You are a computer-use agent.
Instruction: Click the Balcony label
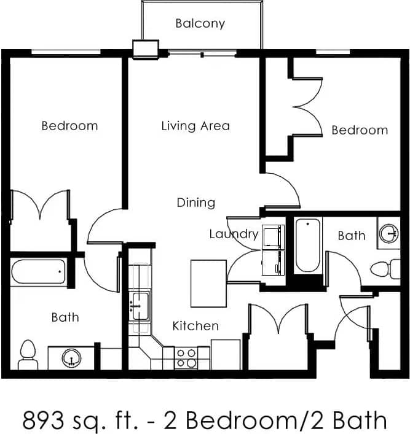pos(200,24)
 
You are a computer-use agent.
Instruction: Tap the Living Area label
pos(195,126)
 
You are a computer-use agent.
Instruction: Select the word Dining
pos(196,202)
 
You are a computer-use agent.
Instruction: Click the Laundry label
pos(234,234)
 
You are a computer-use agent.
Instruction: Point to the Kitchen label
pos(195,325)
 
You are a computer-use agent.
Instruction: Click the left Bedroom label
pos(69,126)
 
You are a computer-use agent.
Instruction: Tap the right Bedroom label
pos(360,130)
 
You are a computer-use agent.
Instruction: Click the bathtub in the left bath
pos(38,271)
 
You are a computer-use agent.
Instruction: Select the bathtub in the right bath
pos(308,245)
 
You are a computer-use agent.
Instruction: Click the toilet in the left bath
pos(27,355)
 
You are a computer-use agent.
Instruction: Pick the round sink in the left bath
pos(71,358)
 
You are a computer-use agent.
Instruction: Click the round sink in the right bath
pos(388,233)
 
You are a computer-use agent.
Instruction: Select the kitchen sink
pos(141,304)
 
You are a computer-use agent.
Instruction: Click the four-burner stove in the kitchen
pos(186,358)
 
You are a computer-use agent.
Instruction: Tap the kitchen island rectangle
pos(208,283)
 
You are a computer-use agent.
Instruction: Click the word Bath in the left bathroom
pos(65,317)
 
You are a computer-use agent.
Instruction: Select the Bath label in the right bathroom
pos(352,235)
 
